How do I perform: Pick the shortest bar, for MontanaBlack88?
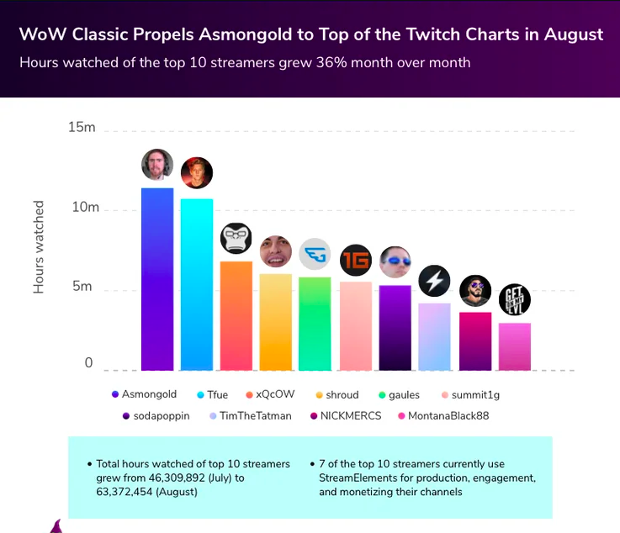pyautogui.click(x=515, y=346)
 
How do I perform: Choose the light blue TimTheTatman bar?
pyautogui.click(x=435, y=336)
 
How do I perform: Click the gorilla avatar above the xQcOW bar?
pyautogui.click(x=236, y=239)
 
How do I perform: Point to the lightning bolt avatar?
pyautogui.click(x=435, y=280)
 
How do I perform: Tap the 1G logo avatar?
pyautogui.click(x=356, y=260)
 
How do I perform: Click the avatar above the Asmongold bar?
pyautogui.click(x=157, y=165)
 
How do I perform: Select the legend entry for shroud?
pyautogui.click(x=336, y=394)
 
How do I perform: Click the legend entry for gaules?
pyautogui.click(x=401, y=394)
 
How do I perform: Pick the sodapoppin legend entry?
pyautogui.click(x=156, y=415)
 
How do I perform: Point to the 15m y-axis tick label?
pyautogui.click(x=82, y=128)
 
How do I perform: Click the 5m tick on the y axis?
pyautogui.click(x=82, y=286)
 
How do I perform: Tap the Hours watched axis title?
pyautogui.click(x=39, y=246)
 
